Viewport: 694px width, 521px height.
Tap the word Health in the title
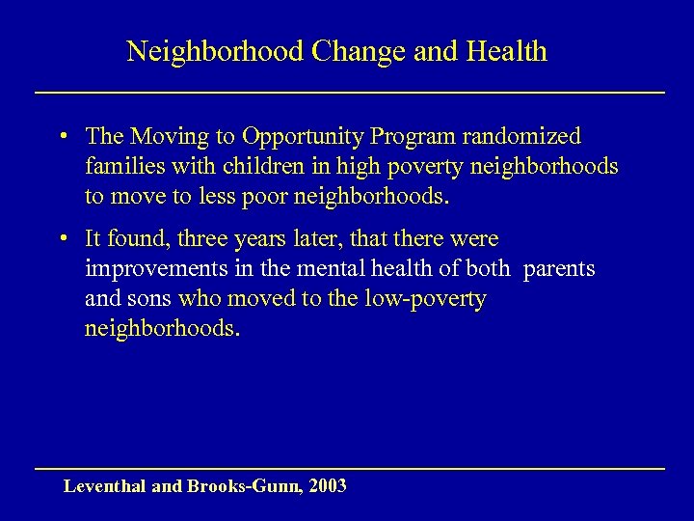507,52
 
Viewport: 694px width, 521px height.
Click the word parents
559,269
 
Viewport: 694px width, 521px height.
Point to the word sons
147,299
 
